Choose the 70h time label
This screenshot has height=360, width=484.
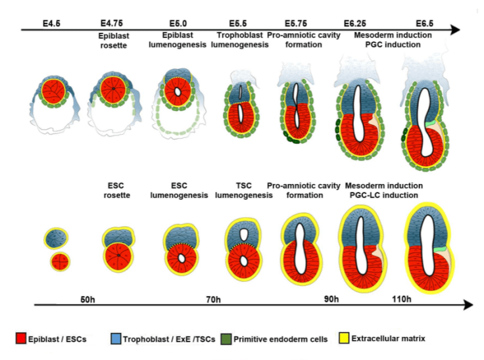tap(212, 300)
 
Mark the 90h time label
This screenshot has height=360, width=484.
tap(331, 300)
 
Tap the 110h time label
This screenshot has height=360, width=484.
tap(400, 300)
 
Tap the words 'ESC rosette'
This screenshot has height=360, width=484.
tap(116, 190)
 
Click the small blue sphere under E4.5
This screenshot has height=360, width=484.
tap(55, 238)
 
